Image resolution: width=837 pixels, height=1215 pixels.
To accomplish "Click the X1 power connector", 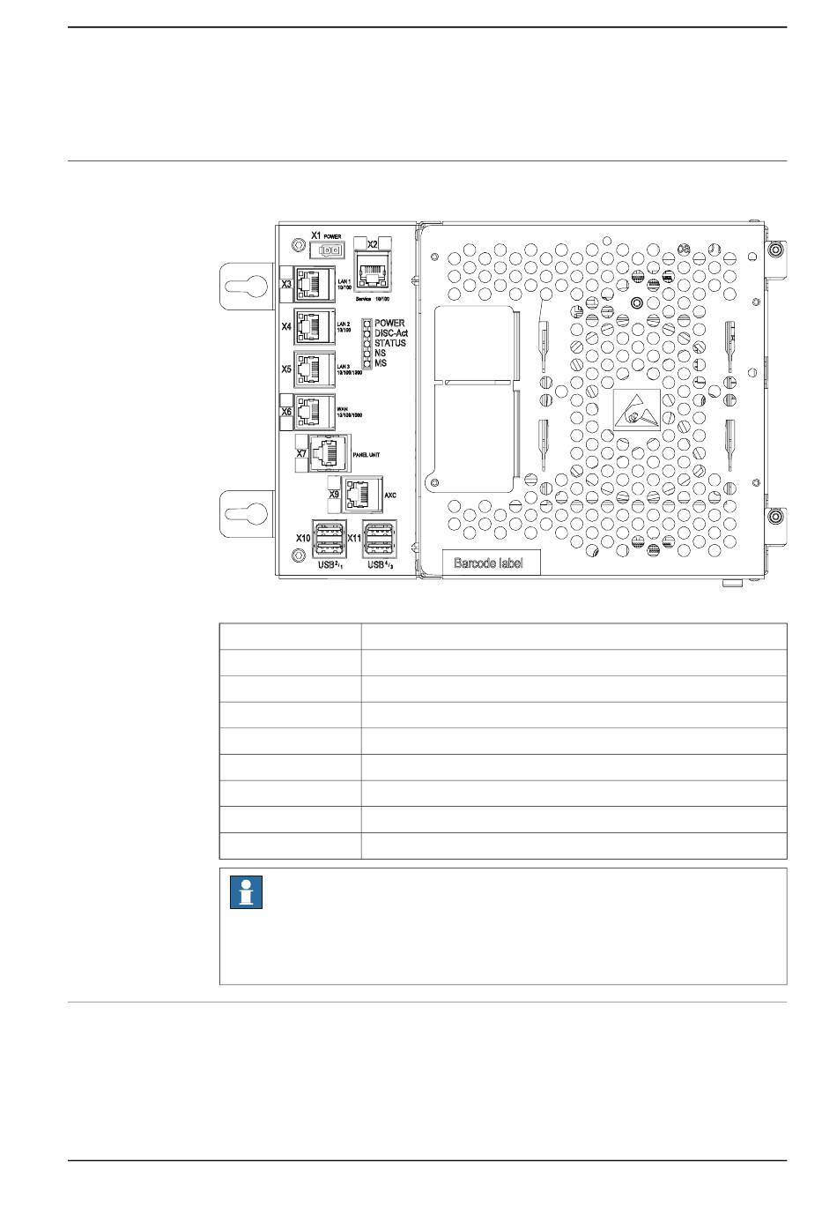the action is (x=330, y=250).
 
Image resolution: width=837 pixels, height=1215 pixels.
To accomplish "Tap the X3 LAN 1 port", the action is (x=313, y=284).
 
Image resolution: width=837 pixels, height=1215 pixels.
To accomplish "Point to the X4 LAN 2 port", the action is (x=315, y=326).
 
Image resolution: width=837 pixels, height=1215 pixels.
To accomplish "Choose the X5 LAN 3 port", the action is (x=315, y=369).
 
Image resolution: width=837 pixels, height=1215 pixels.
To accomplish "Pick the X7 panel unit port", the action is (x=330, y=453).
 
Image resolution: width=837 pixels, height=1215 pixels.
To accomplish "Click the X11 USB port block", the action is (x=380, y=540).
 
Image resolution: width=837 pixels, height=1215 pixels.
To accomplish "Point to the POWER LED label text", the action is (x=389, y=324).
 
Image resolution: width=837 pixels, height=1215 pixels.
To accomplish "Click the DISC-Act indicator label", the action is (x=391, y=333).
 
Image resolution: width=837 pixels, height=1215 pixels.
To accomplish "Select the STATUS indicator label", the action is (x=390, y=343).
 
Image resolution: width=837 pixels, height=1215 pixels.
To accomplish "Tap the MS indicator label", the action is (x=381, y=363).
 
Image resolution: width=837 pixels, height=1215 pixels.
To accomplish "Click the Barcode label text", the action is (x=488, y=563).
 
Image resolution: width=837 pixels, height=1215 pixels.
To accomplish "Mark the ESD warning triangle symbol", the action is (x=636, y=412).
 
